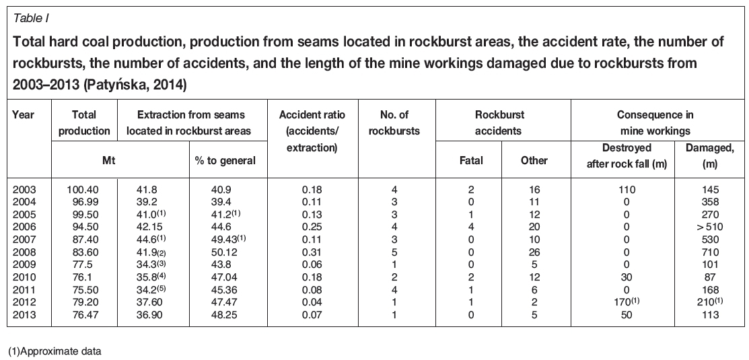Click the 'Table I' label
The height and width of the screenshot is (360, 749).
coord(28,17)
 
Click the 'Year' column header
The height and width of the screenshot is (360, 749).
coord(24,115)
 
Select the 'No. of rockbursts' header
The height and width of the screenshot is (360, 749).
coord(394,122)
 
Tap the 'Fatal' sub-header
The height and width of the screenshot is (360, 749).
coord(470,160)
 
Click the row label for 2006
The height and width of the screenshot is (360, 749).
coord(24,227)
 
